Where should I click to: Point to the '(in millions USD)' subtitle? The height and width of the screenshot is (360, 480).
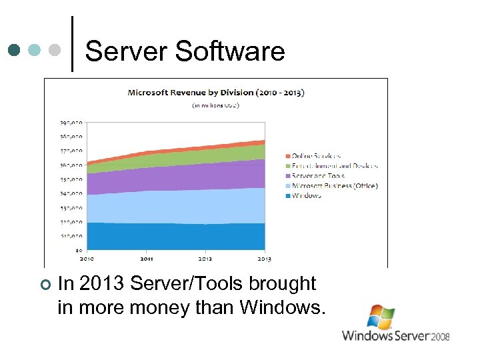pyautogui.click(x=215, y=105)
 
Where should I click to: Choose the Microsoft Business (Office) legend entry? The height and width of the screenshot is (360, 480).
pyautogui.click(x=334, y=186)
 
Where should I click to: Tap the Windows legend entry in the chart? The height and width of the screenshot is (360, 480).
pyautogui.click(x=306, y=196)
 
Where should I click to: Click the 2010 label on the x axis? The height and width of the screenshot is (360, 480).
pyautogui.click(x=87, y=259)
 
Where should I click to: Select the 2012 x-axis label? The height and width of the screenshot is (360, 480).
pyautogui.click(x=205, y=259)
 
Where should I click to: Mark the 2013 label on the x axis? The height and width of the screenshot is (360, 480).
pyautogui.click(x=264, y=259)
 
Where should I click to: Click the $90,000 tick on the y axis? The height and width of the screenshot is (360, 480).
pyautogui.click(x=72, y=123)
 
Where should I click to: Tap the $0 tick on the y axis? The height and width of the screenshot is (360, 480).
pyautogui.click(x=79, y=250)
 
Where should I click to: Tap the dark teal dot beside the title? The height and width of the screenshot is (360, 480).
pyautogui.click(x=14, y=50)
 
